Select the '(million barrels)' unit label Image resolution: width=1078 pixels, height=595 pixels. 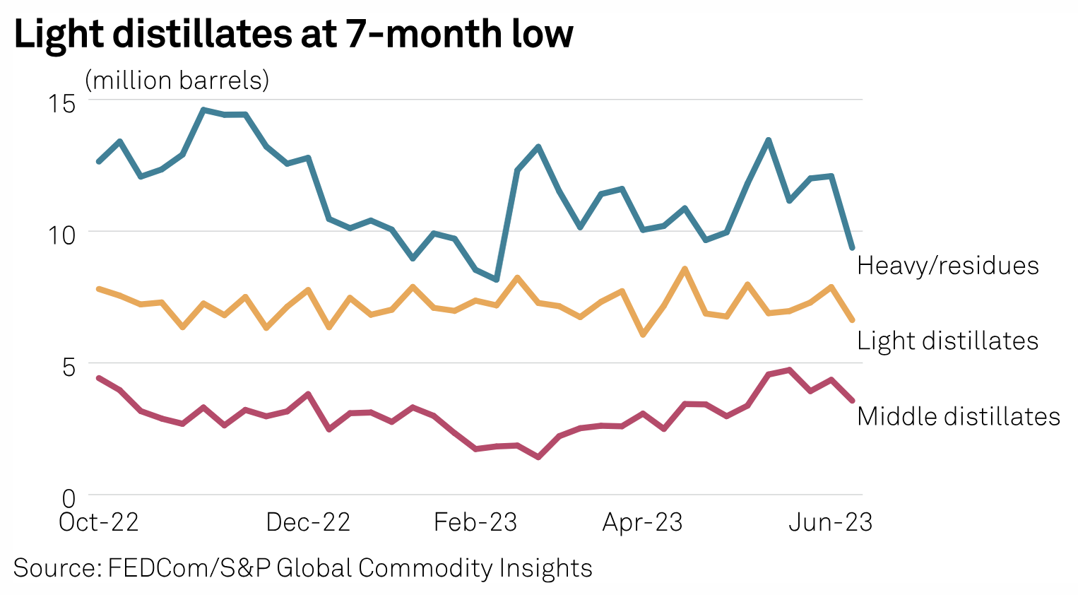pyautogui.click(x=177, y=81)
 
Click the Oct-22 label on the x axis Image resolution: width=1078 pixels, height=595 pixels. pyautogui.click(x=99, y=523)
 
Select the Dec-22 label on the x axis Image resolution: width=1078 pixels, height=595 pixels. pyautogui.click(x=308, y=523)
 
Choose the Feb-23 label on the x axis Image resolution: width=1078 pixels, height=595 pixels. pyautogui.click(x=475, y=523)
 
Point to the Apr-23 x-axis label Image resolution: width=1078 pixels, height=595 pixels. pyautogui.click(x=642, y=523)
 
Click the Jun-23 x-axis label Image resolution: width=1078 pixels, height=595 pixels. pyautogui.click(x=830, y=523)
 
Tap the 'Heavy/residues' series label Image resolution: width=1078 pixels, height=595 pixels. pyautogui.click(x=947, y=266)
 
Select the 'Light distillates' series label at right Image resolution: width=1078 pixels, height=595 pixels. pyautogui.click(x=947, y=341)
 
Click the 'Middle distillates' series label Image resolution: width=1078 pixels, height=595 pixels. pyautogui.click(x=958, y=417)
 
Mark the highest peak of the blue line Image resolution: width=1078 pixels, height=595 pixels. pyautogui.click(x=203, y=110)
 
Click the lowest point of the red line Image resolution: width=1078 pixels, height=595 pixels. pyautogui.click(x=538, y=457)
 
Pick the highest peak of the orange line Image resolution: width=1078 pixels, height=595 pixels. pyautogui.click(x=685, y=269)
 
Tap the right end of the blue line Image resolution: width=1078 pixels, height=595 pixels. pyautogui.click(x=853, y=248)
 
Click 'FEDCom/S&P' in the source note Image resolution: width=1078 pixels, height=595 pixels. pyautogui.click(x=189, y=568)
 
